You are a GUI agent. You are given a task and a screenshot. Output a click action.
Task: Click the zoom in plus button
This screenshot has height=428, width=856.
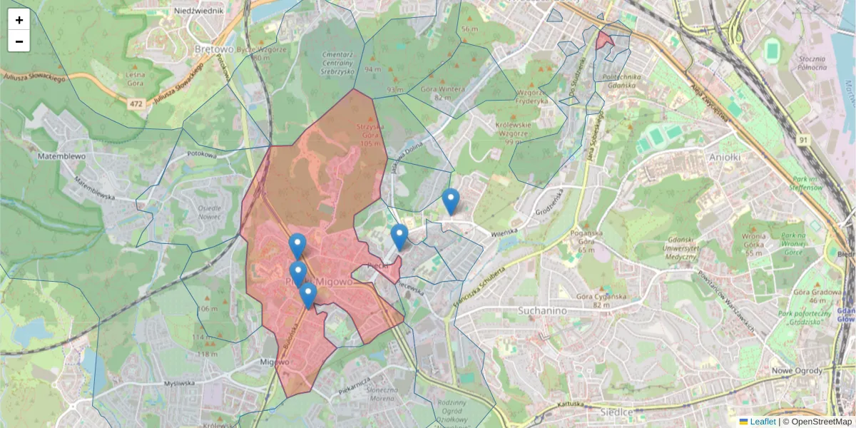click(19, 20)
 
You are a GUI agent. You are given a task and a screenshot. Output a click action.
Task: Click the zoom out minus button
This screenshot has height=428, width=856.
click(19, 41)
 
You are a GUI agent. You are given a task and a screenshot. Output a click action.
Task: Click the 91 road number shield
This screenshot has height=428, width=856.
click(803, 141)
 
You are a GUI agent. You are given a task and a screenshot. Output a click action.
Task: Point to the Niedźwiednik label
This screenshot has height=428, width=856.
click(208, 11)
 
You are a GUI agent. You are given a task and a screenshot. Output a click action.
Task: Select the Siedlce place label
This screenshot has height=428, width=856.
click(616, 412)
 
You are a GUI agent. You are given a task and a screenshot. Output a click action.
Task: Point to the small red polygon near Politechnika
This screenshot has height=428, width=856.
click(604, 39)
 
